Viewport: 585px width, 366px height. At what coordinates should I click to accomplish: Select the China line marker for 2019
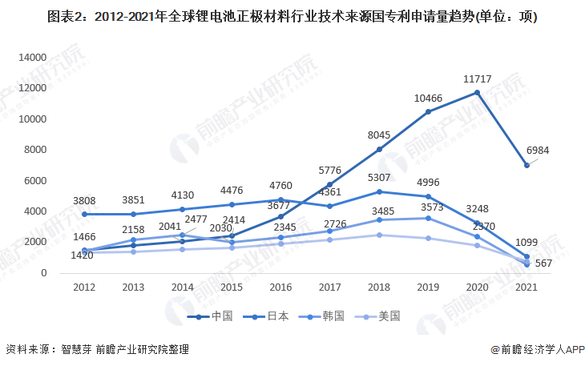tap(428, 112)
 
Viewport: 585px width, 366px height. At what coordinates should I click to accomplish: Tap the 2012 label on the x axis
tap(84, 288)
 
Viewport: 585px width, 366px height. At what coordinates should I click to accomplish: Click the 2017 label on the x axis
tap(329, 288)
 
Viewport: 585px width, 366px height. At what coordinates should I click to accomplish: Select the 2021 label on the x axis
tap(526, 288)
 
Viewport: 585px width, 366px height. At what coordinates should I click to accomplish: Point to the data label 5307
tap(379, 178)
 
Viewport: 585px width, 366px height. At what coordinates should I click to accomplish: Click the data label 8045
tap(379, 135)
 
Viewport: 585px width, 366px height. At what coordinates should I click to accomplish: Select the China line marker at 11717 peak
tap(477, 93)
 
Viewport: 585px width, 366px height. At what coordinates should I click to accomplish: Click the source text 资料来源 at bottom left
tap(28, 350)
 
